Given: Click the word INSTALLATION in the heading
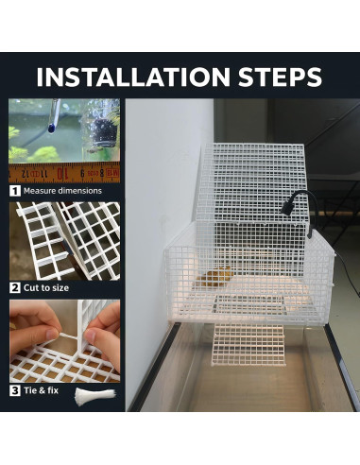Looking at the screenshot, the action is click(x=133, y=77).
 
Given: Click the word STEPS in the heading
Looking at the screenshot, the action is click(x=280, y=77).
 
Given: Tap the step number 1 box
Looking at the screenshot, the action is click(x=15, y=191).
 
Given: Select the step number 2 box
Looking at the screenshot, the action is click(x=15, y=287).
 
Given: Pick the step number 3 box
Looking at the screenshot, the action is click(x=15, y=390).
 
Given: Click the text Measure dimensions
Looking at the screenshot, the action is click(x=62, y=191).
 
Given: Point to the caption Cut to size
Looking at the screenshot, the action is click(x=46, y=288).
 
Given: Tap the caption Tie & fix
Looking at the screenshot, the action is click(x=41, y=390).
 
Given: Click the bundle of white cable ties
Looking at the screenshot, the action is click(x=95, y=395).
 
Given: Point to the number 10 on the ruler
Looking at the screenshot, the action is click(x=62, y=173).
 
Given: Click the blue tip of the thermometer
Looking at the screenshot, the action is click(x=50, y=128).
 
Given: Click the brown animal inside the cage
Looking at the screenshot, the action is click(x=215, y=277).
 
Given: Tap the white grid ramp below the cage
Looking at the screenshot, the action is click(x=249, y=344).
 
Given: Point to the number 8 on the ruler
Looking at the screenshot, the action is click(x=102, y=173).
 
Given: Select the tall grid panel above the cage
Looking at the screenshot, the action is click(x=252, y=182).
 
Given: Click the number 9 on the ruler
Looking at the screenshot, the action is click(x=82, y=173).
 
